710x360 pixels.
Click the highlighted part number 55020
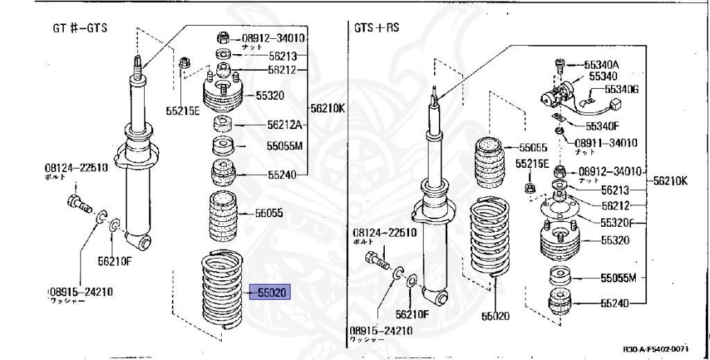coord(271,293)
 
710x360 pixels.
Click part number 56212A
coord(285,126)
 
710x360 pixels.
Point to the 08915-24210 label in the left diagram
coord(80,291)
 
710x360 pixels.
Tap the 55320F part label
coord(623,223)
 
